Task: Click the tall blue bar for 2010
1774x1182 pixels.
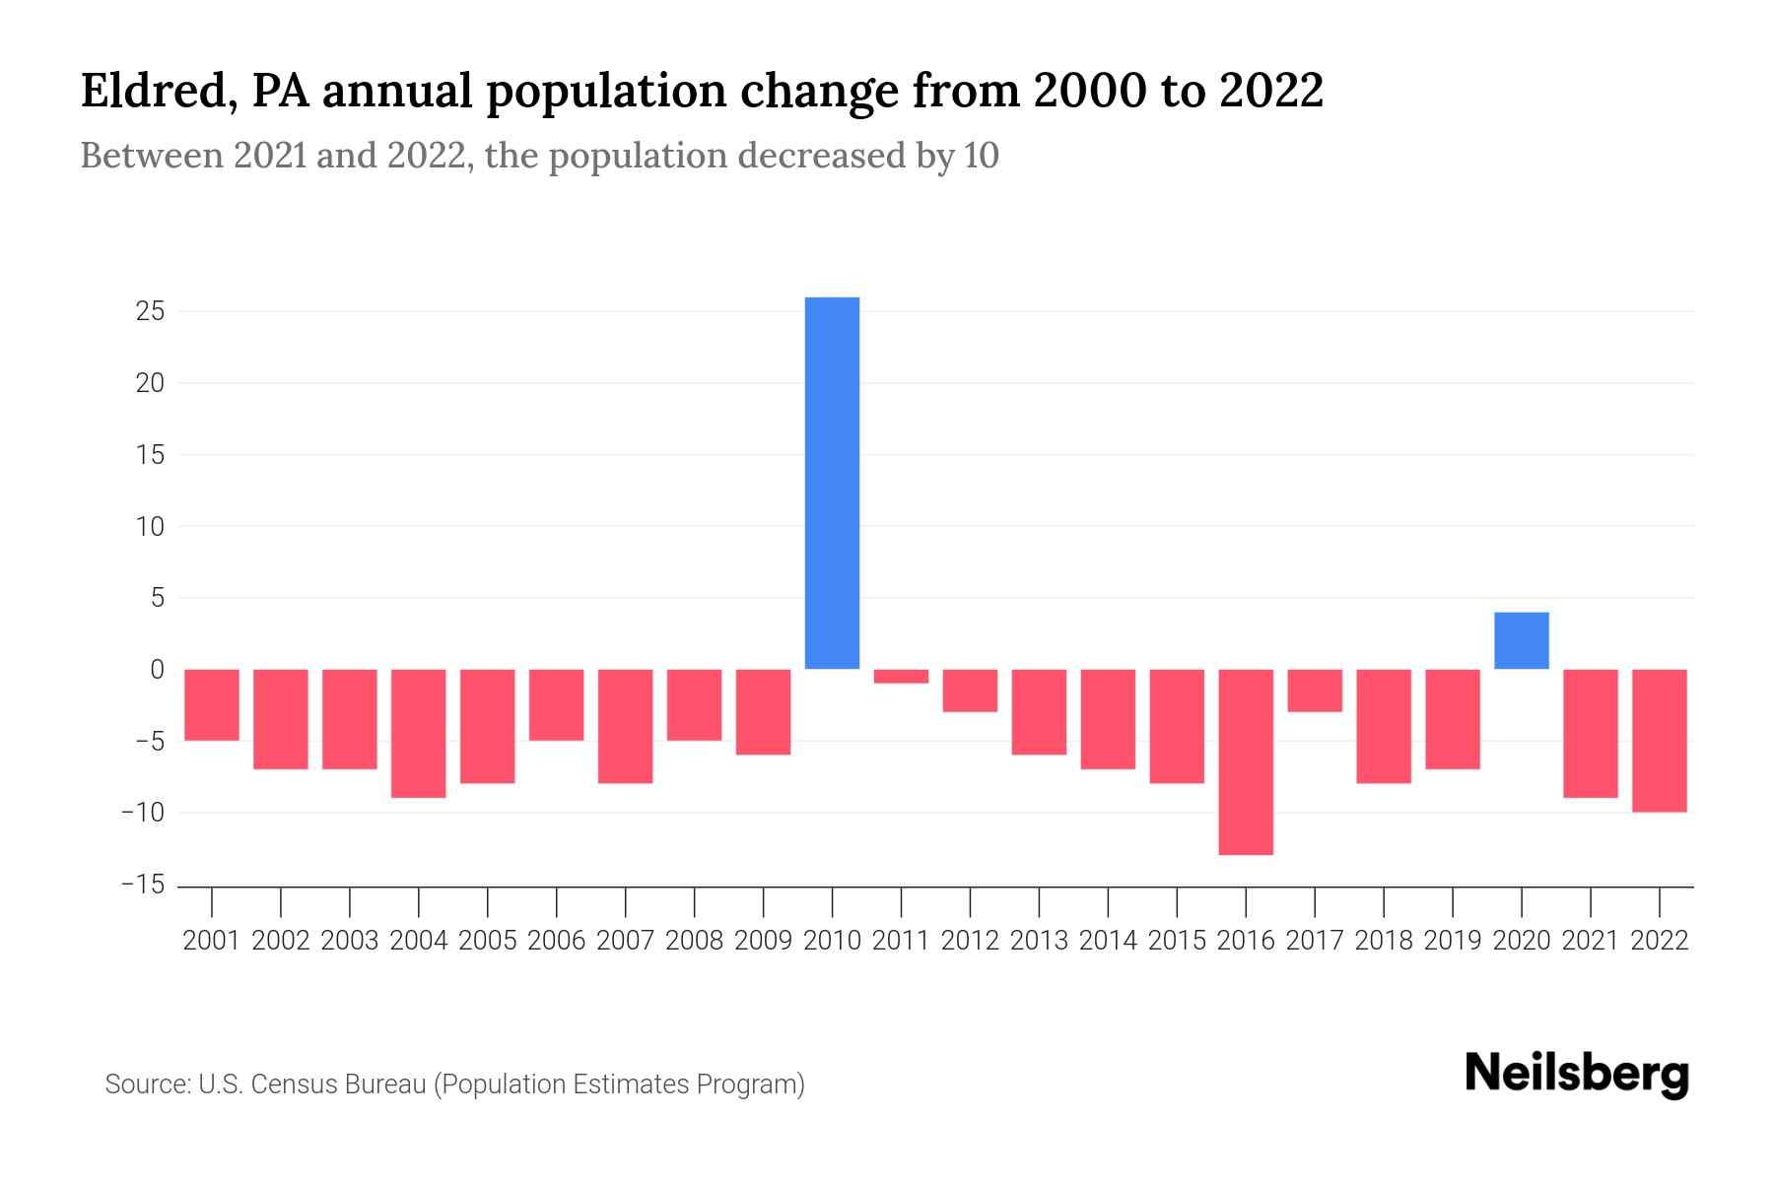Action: pyautogui.click(x=832, y=483)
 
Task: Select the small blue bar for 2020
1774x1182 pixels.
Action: pyautogui.click(x=1521, y=641)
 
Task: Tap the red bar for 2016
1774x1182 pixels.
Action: pyautogui.click(x=1246, y=761)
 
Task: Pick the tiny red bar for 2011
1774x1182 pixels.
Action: pyautogui.click(x=901, y=677)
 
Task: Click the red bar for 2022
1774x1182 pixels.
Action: pyautogui.click(x=1660, y=741)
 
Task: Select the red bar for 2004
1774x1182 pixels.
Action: pyautogui.click(x=419, y=733)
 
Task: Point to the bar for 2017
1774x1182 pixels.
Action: pyautogui.click(x=1315, y=690)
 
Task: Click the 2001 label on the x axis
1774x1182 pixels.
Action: pyautogui.click(x=212, y=941)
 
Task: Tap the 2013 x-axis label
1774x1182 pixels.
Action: pyautogui.click(x=1039, y=941)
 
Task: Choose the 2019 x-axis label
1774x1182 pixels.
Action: pyautogui.click(x=1453, y=941)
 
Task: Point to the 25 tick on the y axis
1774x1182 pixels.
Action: pyautogui.click(x=151, y=312)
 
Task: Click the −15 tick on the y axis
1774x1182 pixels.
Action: pyautogui.click(x=143, y=885)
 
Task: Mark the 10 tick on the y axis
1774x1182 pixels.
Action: pyautogui.click(x=151, y=527)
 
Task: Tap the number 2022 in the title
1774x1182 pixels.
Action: pyautogui.click(x=1270, y=91)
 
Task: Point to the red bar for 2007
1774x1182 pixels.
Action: pyautogui.click(x=625, y=726)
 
